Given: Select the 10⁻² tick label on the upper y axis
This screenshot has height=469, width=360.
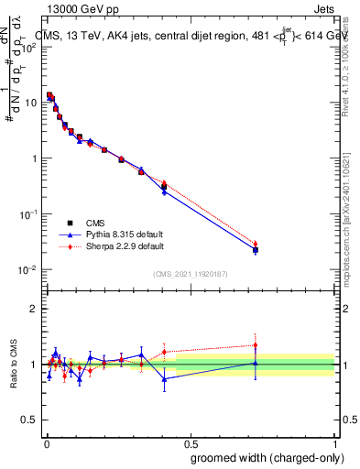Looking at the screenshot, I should [28, 269].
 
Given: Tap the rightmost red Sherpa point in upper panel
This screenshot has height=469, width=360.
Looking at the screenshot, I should [256, 243].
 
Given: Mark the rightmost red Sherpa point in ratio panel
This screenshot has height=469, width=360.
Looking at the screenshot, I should [256, 345].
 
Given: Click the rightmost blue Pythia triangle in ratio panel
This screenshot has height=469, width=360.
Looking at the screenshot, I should [256, 363].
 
